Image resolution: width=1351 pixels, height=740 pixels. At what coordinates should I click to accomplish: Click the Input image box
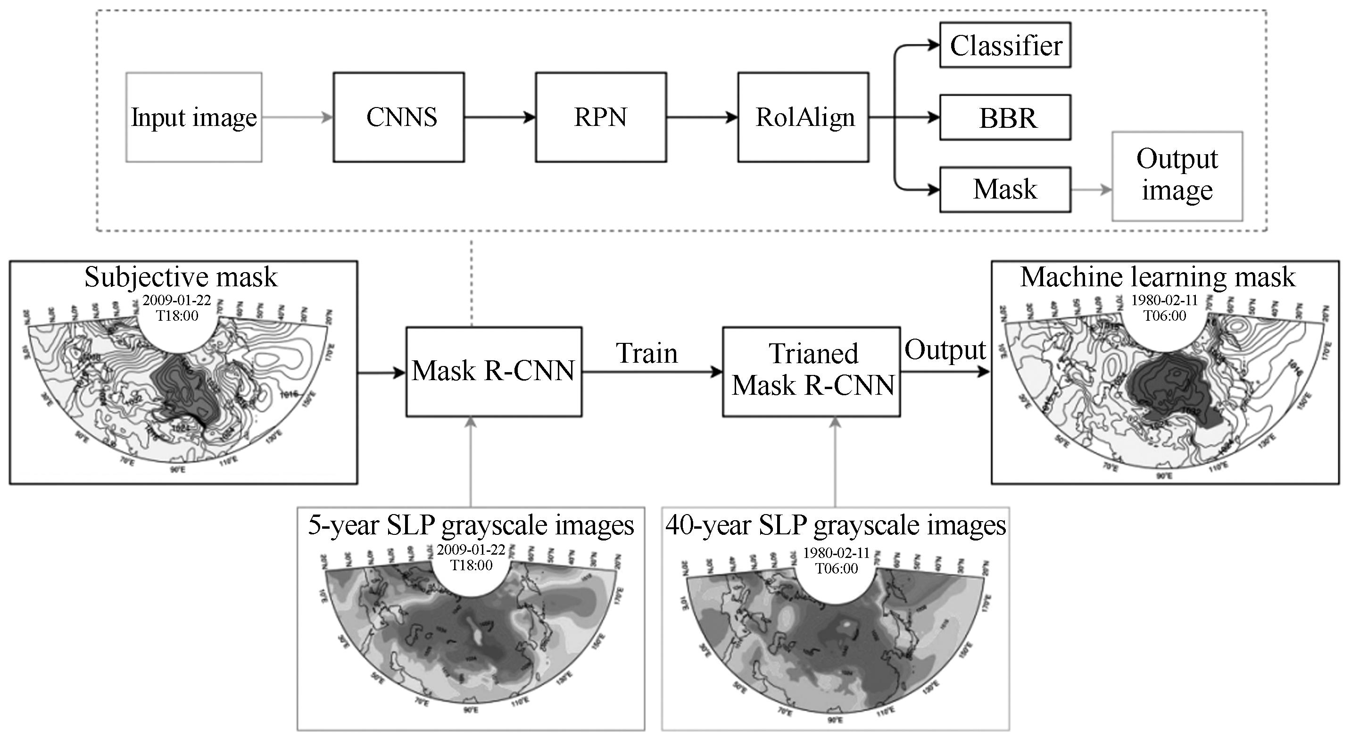(193, 117)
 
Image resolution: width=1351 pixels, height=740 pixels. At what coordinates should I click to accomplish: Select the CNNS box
(398, 117)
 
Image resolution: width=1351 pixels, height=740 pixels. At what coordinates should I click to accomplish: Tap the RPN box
(600, 117)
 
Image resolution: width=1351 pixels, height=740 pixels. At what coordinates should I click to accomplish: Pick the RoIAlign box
(803, 117)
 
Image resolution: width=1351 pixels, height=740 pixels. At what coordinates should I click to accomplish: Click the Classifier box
(1005, 45)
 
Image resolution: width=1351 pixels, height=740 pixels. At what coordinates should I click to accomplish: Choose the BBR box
(1005, 117)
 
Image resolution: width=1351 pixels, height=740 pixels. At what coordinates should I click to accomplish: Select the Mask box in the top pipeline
(1005, 189)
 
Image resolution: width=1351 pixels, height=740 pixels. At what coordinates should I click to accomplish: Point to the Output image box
(1177, 176)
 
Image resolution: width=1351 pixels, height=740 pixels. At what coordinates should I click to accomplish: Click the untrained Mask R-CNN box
(494, 371)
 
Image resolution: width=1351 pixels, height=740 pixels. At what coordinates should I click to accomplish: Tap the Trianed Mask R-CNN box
(812, 371)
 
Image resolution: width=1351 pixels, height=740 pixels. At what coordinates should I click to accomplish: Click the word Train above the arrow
(646, 353)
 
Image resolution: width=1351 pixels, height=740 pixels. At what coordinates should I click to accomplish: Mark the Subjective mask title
(181, 277)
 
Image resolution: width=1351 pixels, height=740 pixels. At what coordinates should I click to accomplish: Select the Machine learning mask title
(1158, 277)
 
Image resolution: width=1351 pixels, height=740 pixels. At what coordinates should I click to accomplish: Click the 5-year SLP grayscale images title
(471, 525)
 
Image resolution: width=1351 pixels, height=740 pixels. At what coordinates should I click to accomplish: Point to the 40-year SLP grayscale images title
(836, 525)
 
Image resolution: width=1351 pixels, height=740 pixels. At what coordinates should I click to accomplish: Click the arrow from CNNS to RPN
(499, 117)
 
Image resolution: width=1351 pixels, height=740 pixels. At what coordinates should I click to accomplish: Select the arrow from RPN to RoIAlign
(702, 117)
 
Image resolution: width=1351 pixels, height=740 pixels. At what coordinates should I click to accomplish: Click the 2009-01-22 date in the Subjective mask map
(177, 300)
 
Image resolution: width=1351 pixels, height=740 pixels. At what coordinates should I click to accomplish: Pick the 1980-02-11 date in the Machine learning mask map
(1164, 300)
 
